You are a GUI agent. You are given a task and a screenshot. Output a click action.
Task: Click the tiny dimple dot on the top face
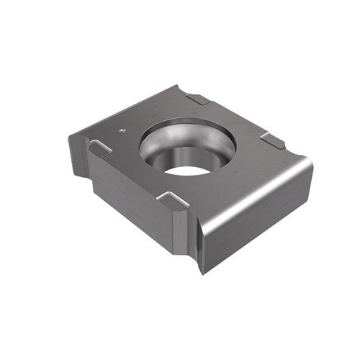coord(122,131)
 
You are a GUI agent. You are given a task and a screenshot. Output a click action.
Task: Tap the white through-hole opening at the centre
coord(186,171)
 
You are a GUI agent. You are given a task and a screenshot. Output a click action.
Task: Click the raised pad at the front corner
coord(172,200)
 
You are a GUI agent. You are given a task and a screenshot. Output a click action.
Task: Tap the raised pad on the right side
coord(273,140)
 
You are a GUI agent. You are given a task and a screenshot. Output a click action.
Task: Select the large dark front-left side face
coord(133,202)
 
